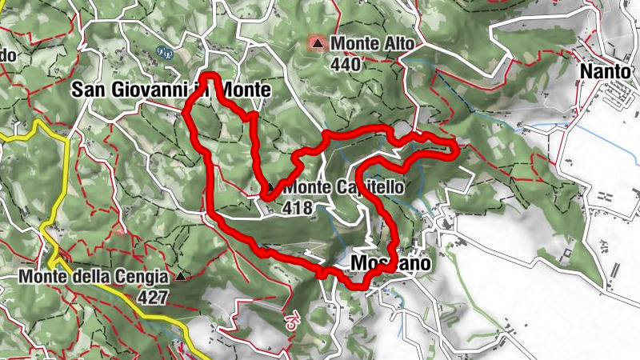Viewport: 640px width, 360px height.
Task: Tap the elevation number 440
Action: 346,65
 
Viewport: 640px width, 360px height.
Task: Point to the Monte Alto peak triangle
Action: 319,42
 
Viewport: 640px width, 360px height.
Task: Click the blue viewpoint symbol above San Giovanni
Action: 166,54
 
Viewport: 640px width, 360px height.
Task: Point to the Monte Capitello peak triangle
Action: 270,187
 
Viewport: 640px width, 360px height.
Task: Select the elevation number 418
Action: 297,208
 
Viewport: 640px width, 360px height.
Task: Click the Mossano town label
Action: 391,263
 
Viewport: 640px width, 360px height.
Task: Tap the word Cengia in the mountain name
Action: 142,277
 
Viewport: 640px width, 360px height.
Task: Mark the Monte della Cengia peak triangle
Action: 181,278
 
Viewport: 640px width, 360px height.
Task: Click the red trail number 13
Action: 290,317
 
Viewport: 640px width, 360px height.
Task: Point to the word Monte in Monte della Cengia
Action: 41,277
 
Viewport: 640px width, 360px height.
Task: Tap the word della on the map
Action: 89,277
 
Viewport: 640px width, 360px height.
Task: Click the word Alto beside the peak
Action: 391,42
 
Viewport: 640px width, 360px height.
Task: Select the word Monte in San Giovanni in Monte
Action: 245,90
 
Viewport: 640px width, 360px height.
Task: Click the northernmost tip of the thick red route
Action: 210,76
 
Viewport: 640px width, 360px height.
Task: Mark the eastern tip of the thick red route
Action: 455,148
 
